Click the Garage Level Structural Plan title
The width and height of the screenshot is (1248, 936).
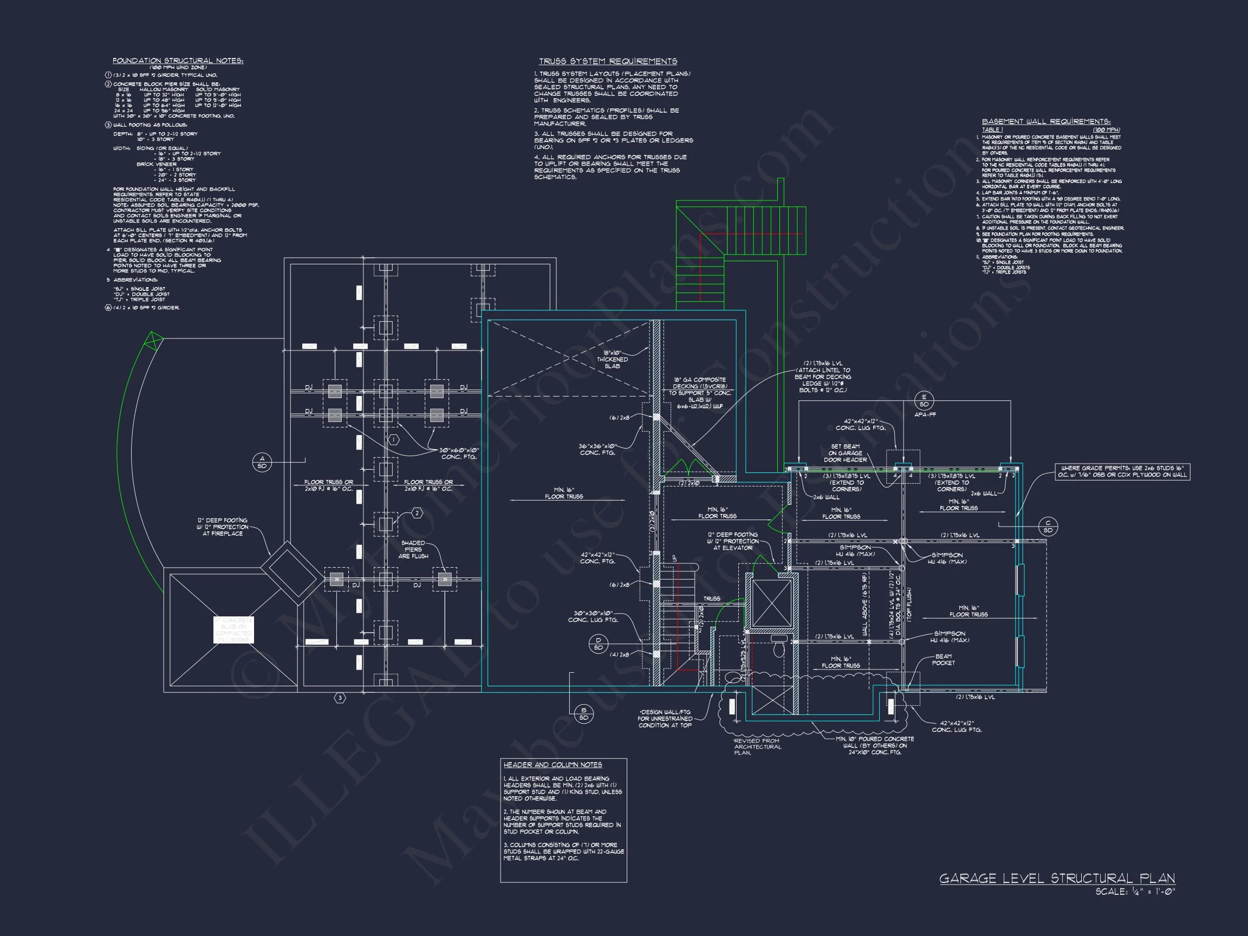[x=1057, y=879]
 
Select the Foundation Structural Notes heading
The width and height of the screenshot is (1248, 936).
[x=178, y=60]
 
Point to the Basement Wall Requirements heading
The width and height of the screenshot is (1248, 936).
[x=1046, y=121]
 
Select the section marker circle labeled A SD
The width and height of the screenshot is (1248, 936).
[x=262, y=462]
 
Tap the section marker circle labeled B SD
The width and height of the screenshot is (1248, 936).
[x=583, y=714]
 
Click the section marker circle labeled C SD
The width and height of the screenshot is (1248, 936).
[x=1048, y=526]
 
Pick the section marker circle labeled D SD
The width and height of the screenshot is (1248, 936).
[x=598, y=643]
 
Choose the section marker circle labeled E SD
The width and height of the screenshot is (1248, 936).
[x=924, y=401]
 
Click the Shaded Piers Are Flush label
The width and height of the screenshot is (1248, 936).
[x=413, y=550]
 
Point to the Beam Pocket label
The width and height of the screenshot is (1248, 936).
[x=944, y=660]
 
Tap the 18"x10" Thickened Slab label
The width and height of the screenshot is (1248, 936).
[x=612, y=359]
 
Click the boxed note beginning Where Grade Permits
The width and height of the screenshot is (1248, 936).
[x=1122, y=472]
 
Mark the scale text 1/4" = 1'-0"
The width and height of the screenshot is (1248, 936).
[x=1135, y=892]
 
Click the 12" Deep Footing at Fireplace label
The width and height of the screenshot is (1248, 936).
[x=222, y=526]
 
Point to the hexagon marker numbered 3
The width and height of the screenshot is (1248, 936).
[x=340, y=698]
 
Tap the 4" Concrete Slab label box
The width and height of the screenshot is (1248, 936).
[x=233, y=629]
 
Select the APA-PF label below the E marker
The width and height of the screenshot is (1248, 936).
[x=925, y=415]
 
